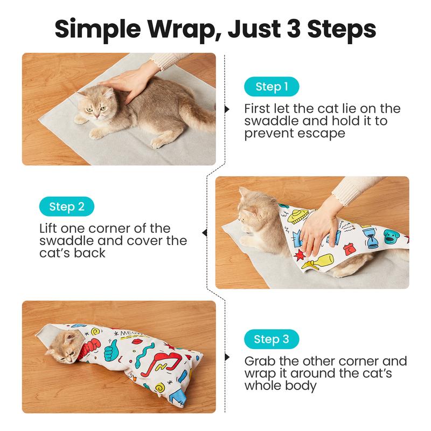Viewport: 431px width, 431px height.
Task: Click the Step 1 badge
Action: tap(272, 87)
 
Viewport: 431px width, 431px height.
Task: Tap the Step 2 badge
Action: tap(67, 206)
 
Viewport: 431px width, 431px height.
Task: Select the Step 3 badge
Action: tap(272, 339)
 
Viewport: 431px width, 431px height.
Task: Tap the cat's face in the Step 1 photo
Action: tap(96, 106)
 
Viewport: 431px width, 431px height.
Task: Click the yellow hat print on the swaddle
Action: tap(298, 217)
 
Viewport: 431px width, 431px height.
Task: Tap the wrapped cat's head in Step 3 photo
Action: tap(64, 347)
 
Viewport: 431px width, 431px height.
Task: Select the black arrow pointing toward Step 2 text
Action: tap(205, 233)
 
